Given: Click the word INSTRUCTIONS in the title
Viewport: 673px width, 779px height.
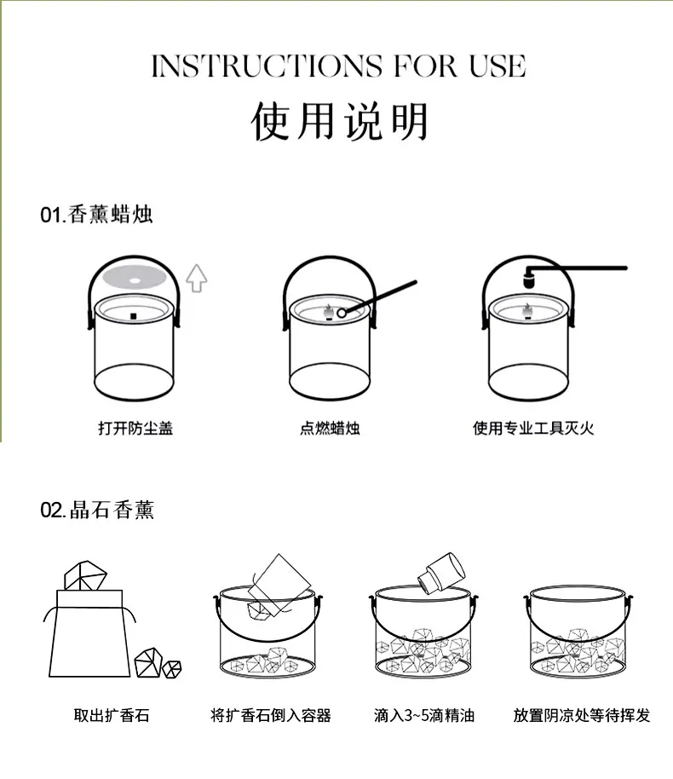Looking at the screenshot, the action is coord(267,66).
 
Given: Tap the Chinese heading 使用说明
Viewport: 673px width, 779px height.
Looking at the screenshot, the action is coord(340,122).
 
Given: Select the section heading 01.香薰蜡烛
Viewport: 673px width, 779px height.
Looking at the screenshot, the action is coord(96,215).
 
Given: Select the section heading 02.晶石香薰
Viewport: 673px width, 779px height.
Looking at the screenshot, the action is coord(97,510).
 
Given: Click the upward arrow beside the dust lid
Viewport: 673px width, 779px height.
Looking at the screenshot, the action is coord(197,278).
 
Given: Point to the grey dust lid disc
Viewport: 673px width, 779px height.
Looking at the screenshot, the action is coord(134,277).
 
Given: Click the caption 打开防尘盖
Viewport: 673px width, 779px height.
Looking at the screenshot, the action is coord(135,428).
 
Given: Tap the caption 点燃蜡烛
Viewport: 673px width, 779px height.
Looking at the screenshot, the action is coord(330,428).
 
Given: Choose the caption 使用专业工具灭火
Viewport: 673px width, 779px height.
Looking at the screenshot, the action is coord(533,428).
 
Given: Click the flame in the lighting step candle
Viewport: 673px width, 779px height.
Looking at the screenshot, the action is coord(328,313).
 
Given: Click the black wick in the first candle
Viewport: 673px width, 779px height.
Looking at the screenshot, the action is coord(133,316).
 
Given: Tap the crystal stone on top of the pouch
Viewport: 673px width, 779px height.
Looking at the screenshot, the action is coord(85,576).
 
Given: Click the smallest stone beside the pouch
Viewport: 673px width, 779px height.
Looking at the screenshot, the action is coord(172,669).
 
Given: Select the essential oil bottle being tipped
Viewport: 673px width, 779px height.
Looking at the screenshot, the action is coord(441,573).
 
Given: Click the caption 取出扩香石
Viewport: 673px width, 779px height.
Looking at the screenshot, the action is coord(112,715).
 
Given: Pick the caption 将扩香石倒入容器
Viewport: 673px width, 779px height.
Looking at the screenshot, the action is coord(271,715).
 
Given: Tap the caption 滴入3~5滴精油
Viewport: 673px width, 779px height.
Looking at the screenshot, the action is coord(424,715).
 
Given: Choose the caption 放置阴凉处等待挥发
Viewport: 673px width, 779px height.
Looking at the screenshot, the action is coord(582,715).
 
